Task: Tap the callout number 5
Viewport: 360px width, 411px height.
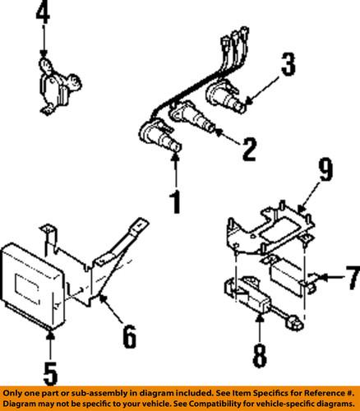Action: coord(50,374)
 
